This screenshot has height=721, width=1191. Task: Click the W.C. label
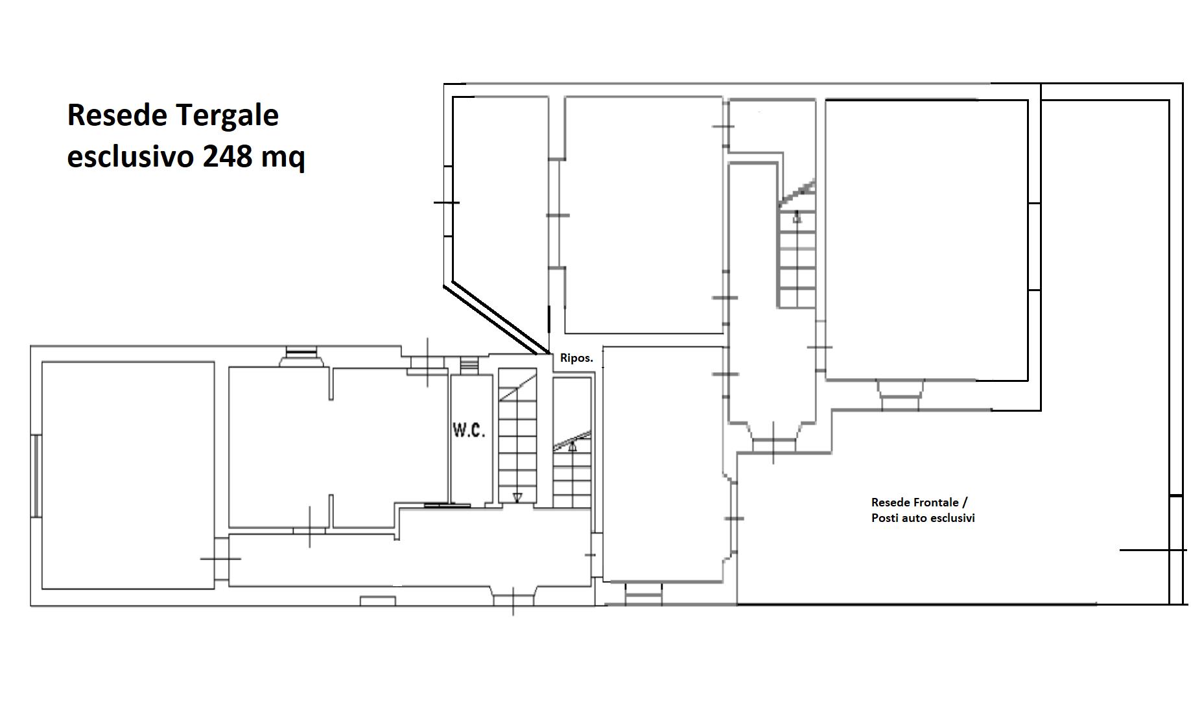(469, 429)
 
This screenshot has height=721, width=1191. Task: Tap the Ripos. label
(576, 358)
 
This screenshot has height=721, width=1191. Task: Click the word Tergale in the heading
(226, 116)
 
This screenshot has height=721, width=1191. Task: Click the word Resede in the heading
(118, 115)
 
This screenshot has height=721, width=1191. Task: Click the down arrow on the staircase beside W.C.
(517, 497)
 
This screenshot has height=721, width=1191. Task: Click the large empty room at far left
(128, 475)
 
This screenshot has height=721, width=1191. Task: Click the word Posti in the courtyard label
(885, 517)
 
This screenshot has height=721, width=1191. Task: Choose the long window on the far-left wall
(37, 476)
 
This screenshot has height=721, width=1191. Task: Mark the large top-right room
(926, 240)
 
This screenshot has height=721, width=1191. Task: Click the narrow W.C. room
(469, 440)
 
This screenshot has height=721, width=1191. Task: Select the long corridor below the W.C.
(410, 560)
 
